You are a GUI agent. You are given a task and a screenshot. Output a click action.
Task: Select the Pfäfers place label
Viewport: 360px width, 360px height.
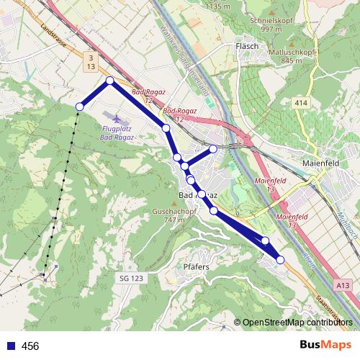click(196, 266)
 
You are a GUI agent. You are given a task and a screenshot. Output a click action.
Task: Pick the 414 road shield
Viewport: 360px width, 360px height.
click(301, 104)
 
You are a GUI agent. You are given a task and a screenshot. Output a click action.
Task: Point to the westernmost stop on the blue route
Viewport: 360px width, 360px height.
click(79, 107)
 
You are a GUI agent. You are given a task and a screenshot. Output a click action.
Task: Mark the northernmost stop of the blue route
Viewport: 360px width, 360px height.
click(110, 81)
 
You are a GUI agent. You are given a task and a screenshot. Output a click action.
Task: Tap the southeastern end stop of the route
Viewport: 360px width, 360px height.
click(280, 260)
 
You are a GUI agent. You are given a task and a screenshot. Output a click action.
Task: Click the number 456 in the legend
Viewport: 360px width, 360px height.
click(31, 346)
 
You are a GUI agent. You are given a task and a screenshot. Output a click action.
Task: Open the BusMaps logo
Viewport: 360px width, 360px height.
click(325, 346)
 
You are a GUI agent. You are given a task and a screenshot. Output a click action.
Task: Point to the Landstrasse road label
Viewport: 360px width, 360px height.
click(55, 38)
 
